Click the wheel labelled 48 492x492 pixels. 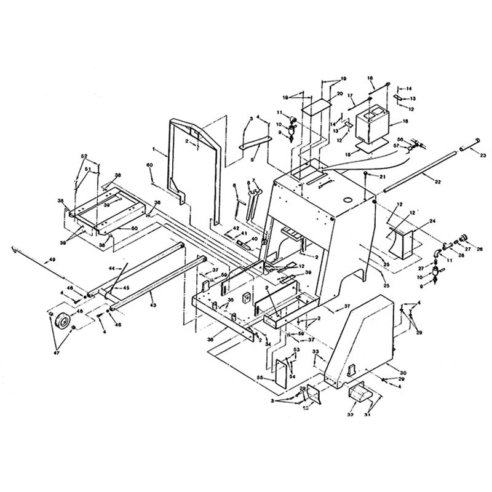coord(62,321)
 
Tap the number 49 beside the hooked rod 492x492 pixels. coord(52,261)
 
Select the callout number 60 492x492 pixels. coord(149,165)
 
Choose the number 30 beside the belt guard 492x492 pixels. coord(403,373)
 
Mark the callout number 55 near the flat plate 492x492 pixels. coord(260,378)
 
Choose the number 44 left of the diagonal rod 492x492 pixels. coord(111,269)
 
